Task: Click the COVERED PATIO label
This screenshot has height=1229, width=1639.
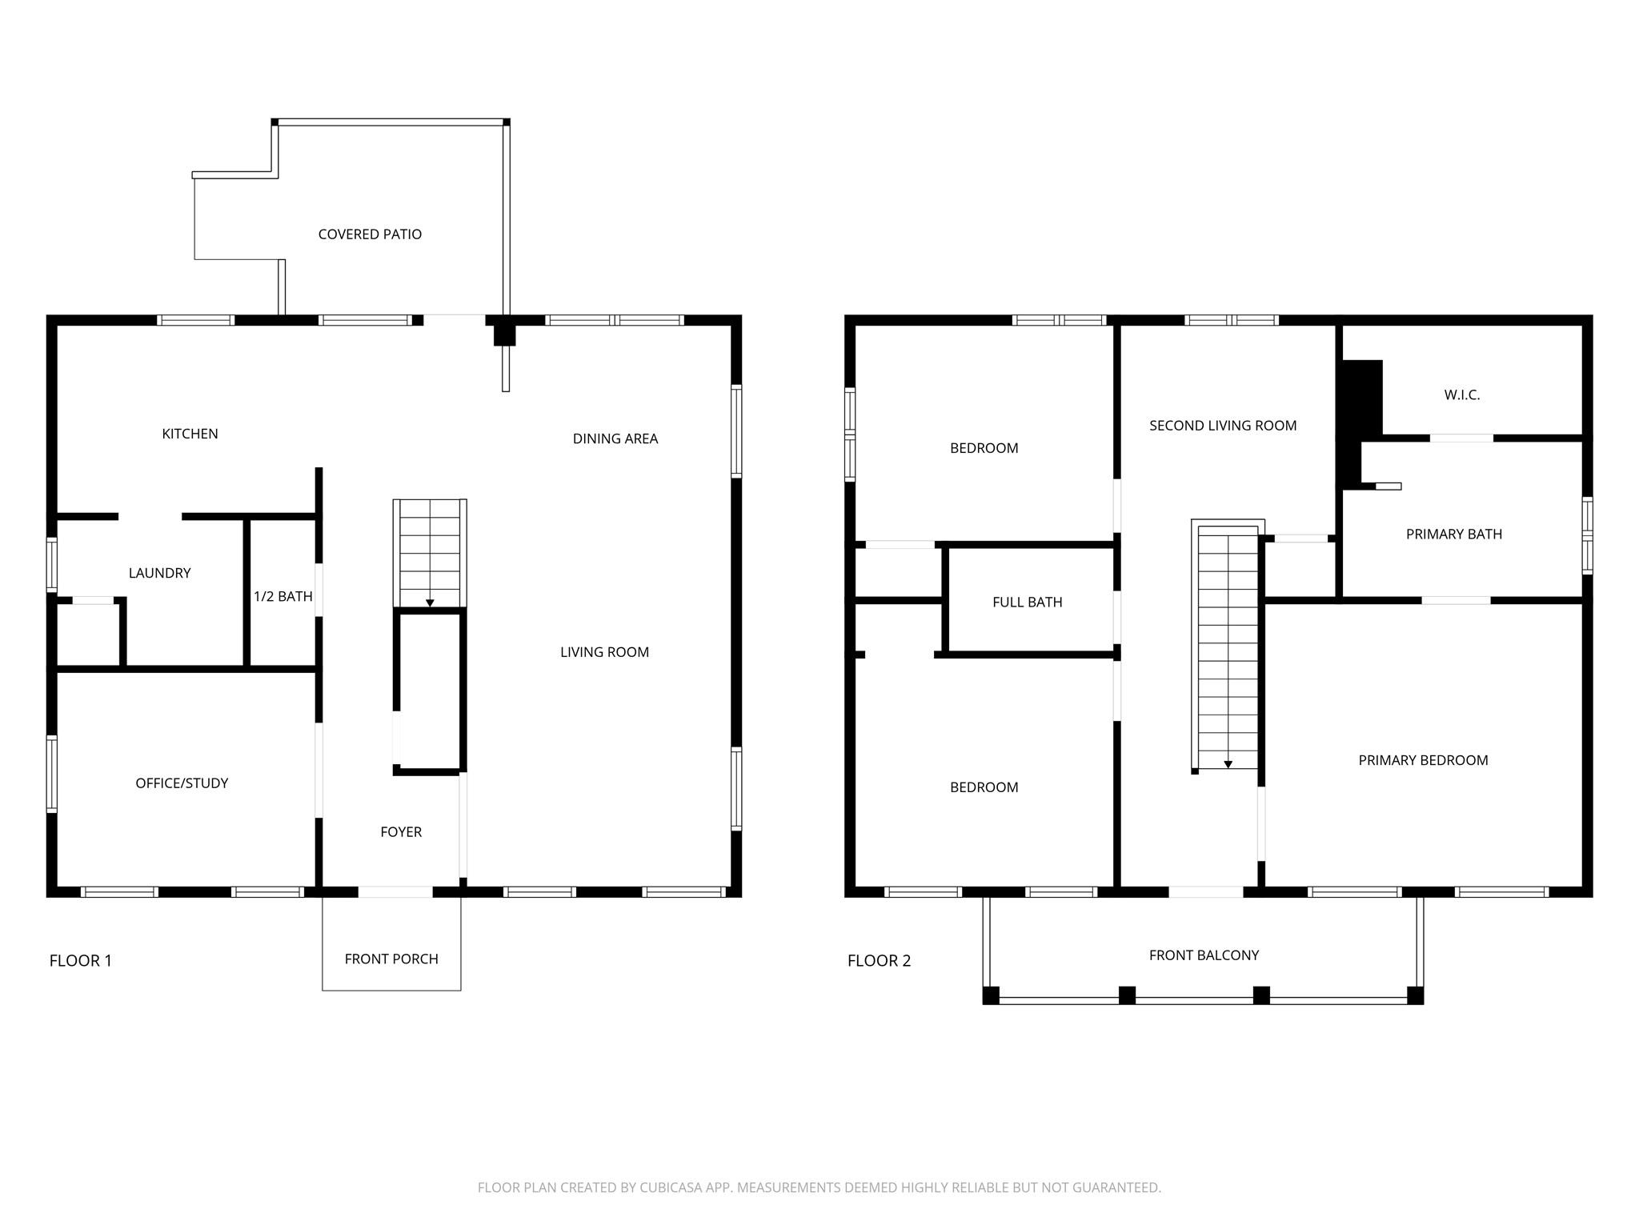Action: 370,234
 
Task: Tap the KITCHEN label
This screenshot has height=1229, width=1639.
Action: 190,434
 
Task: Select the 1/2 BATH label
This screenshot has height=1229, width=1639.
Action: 283,596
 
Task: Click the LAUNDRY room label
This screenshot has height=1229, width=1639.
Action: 159,573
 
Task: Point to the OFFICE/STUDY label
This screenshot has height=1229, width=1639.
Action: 182,783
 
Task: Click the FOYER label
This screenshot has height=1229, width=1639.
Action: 401,832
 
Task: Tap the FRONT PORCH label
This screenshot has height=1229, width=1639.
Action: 391,959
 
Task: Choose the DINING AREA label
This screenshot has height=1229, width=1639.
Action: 615,438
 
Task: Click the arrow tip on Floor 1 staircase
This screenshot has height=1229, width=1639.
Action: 430,604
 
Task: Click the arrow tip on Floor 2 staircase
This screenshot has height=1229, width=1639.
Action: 1228,766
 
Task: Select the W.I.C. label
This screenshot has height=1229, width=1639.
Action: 1461,394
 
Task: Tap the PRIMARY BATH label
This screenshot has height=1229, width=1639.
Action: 1453,534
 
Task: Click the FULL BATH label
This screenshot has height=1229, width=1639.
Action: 1027,602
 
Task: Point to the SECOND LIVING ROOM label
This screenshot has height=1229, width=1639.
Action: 1222,426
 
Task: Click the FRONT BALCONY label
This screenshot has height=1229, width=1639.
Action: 1204,955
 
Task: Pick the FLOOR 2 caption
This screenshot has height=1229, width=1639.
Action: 879,960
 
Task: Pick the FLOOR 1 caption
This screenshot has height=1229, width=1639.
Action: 80,960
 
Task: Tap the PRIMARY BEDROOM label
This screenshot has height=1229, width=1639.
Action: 1422,760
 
